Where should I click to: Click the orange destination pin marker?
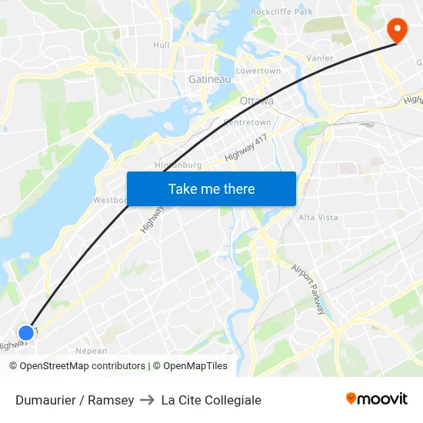pos(398,30)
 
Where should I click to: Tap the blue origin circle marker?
pos(26,332)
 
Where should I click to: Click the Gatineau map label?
pos(210,78)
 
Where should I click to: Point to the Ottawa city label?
pos(256,101)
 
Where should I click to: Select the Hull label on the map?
pos(162,45)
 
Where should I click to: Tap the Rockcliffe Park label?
pos(281,12)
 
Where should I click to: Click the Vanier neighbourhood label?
pos(320,58)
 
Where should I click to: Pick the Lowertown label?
pos(258,71)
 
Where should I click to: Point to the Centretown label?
pos(247,122)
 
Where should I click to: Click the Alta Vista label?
pos(318,217)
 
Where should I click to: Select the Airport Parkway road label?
pos(309,288)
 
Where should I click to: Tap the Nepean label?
pos(92,351)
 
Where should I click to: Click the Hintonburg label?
pos(178,165)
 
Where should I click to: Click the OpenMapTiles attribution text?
pos(190,366)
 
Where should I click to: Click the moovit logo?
pos(376,398)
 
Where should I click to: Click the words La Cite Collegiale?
pos(211,400)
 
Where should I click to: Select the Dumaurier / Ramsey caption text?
pos(75,400)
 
